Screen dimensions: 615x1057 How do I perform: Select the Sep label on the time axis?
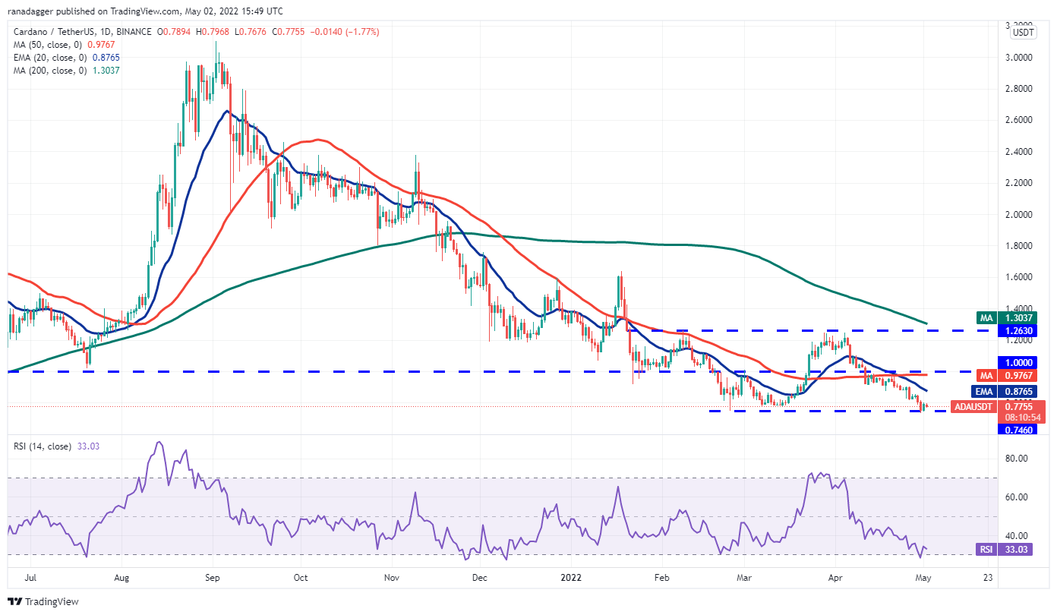213,577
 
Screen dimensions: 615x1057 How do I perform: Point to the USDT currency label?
1024,33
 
